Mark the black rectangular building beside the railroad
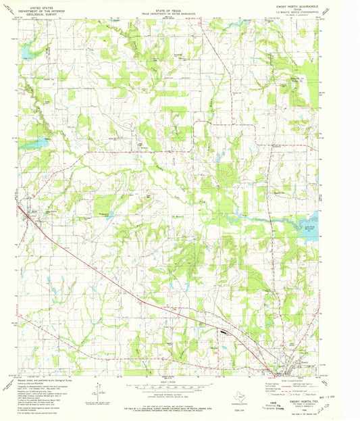(x=224, y=332)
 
